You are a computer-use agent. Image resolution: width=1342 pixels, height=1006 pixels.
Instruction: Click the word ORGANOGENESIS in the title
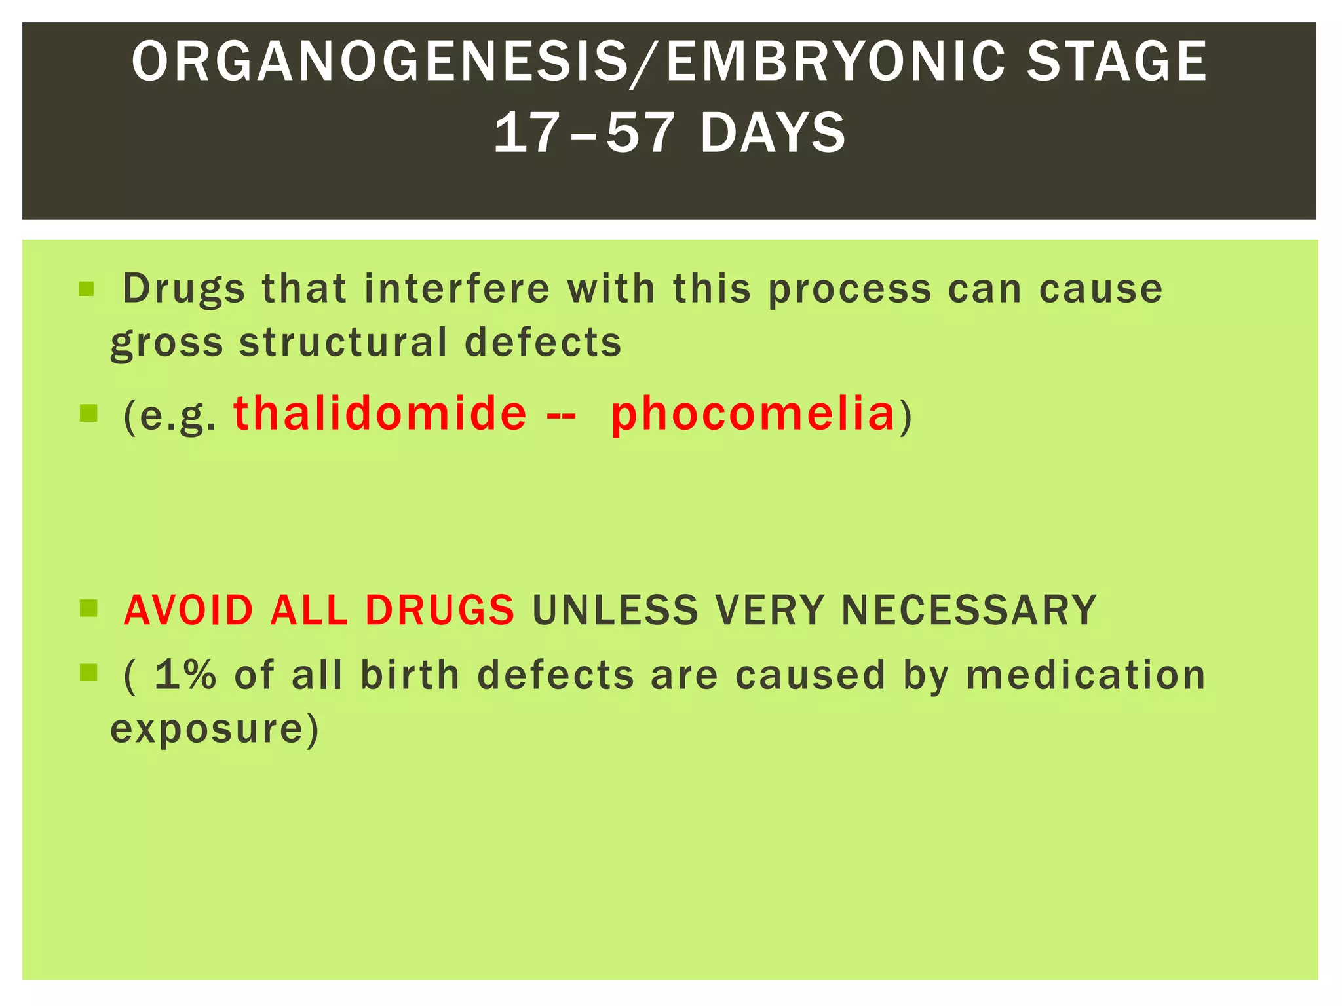point(379,62)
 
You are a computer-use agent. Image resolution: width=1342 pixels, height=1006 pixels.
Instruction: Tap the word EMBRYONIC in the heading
point(835,62)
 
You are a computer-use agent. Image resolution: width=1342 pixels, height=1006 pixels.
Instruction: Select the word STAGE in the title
point(1116,62)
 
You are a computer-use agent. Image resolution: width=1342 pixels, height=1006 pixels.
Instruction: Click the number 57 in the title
point(638,134)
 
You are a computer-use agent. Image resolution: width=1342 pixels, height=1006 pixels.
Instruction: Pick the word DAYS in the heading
point(773,134)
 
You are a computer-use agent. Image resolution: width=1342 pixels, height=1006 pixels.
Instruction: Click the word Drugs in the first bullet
point(183,289)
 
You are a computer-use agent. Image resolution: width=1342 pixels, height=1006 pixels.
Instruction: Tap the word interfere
point(457,289)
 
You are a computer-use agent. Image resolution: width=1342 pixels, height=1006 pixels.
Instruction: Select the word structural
point(343,342)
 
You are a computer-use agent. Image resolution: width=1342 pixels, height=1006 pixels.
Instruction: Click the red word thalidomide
point(380,413)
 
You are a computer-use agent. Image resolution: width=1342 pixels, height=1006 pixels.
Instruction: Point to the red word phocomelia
point(752,415)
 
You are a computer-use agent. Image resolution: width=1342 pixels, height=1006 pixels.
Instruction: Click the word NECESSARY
point(968,610)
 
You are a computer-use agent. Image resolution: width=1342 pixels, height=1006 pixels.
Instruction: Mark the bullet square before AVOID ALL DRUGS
point(88,609)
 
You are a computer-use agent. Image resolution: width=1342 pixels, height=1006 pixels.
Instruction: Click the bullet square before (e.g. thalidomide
point(88,413)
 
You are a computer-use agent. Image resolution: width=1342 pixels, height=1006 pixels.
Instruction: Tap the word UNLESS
point(615,610)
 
